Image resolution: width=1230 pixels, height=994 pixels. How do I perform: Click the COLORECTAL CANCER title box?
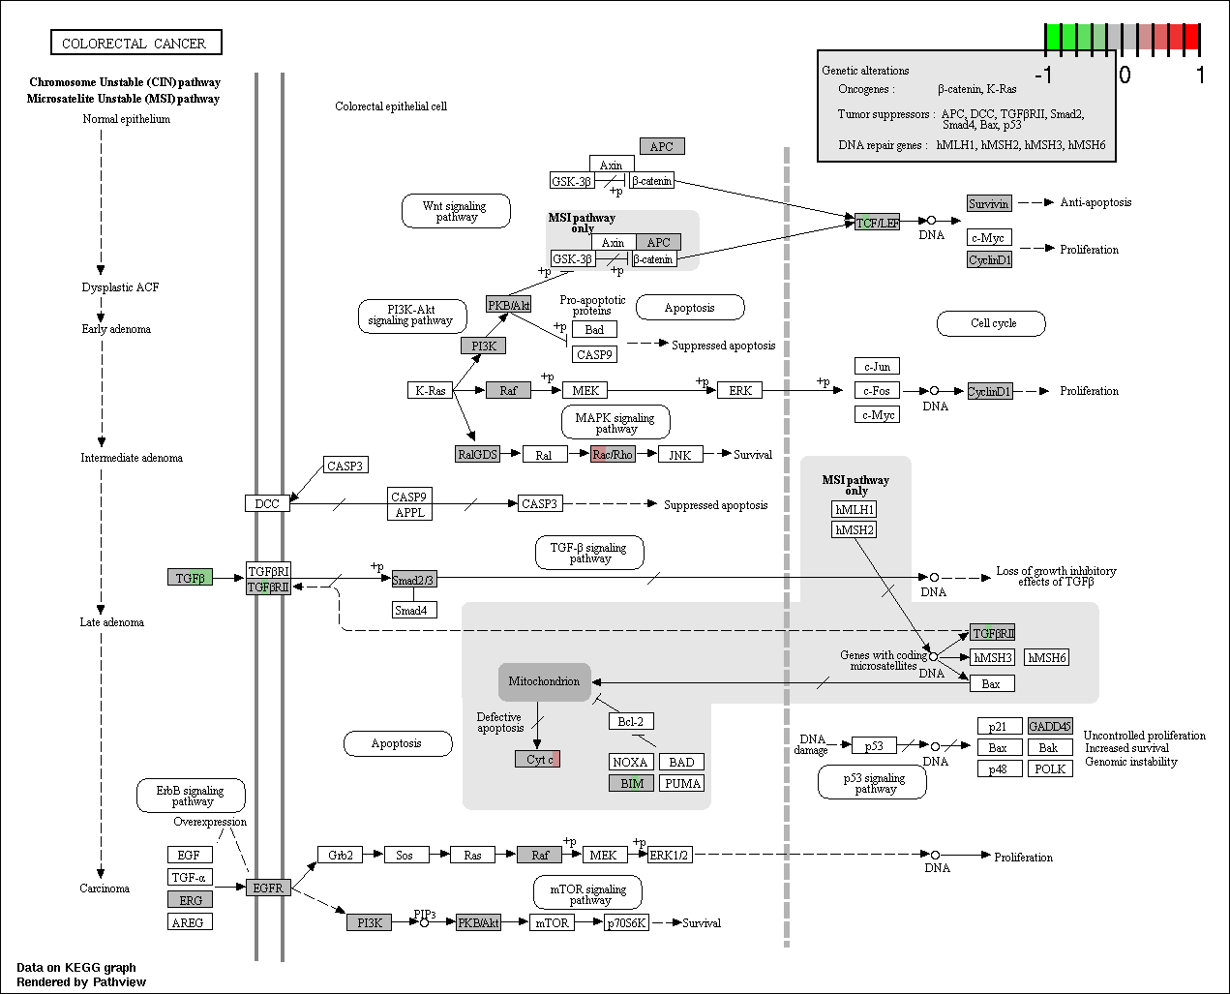click(x=136, y=43)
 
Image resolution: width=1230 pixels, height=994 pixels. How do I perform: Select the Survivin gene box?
click(x=989, y=203)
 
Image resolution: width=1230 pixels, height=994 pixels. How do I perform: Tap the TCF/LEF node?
click(x=877, y=222)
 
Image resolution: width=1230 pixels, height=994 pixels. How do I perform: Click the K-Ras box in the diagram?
click(x=431, y=390)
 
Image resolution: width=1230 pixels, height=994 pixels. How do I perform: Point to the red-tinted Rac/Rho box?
click(x=613, y=454)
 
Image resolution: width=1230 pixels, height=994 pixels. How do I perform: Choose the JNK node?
click(x=680, y=455)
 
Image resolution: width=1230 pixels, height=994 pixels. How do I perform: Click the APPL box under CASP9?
click(x=409, y=512)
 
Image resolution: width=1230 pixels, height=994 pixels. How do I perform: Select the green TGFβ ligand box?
click(x=190, y=577)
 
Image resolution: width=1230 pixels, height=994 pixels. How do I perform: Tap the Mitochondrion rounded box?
click(x=544, y=681)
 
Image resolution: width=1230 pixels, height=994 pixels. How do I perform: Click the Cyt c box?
click(x=537, y=759)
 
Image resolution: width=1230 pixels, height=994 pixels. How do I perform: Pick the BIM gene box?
click(x=631, y=783)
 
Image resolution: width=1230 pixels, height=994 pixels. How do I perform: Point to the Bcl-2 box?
click(x=631, y=721)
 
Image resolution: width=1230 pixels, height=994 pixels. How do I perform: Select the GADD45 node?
click(x=1050, y=726)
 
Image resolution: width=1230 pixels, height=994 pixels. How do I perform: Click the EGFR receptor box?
click(x=268, y=888)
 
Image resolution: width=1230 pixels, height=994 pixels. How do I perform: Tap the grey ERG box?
click(x=190, y=899)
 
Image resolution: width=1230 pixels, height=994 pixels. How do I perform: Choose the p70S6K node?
click(x=626, y=922)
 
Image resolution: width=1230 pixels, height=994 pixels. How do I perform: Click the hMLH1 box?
click(x=855, y=509)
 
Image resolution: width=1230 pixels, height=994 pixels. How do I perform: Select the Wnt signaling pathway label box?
click(x=456, y=211)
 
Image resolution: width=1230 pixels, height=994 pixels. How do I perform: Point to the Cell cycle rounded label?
click(x=992, y=323)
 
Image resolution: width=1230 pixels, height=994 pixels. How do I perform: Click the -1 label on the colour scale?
click(x=1043, y=75)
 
